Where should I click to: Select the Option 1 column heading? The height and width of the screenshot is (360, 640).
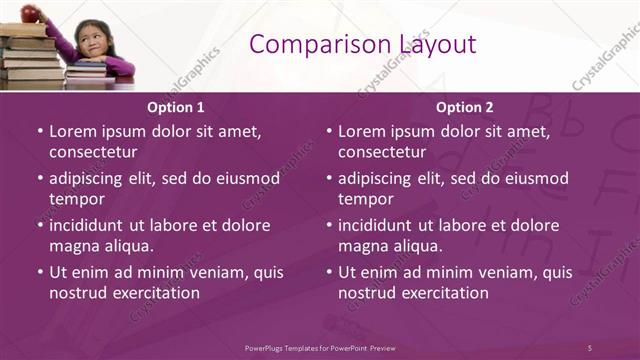click(x=176, y=107)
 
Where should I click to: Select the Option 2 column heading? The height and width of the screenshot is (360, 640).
click(x=465, y=107)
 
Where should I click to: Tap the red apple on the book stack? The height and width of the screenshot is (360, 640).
click(x=30, y=12)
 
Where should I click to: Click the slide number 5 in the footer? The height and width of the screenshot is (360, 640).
click(x=590, y=347)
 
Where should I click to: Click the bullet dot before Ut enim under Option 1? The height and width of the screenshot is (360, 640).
click(x=39, y=272)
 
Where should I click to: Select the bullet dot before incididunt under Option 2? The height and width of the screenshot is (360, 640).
click(x=328, y=225)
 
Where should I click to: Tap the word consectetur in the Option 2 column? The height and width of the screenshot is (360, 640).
click(x=382, y=152)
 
